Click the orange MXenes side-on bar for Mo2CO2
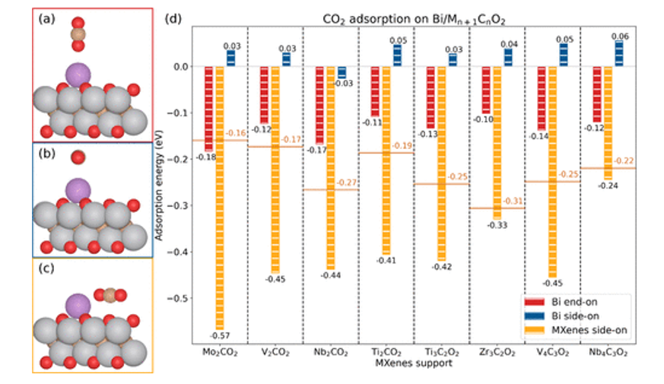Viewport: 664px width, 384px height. [x=219, y=198]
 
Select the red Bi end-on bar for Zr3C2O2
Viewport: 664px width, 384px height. [x=486, y=90]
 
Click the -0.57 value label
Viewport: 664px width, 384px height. [x=220, y=335]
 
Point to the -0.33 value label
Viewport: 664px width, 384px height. [x=498, y=225]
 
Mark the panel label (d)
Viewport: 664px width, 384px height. [x=174, y=17]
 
